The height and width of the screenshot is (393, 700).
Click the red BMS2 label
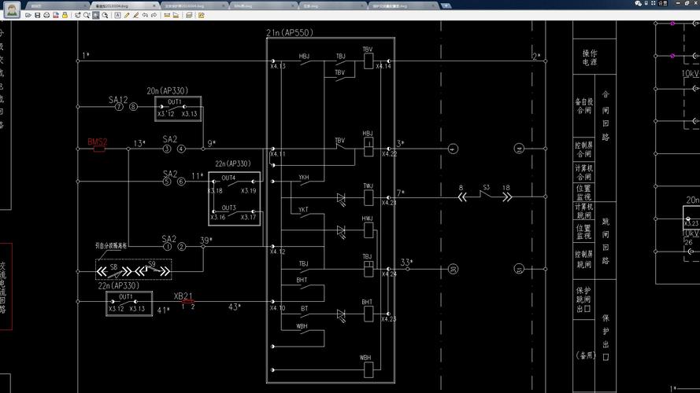click(x=97, y=142)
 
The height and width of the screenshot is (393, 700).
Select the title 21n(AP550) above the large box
click(x=288, y=32)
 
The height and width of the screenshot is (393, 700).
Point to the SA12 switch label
click(x=117, y=100)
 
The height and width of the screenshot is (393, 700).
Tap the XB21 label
click(x=183, y=296)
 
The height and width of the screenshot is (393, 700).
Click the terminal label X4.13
click(x=277, y=66)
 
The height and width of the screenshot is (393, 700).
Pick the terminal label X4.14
click(x=383, y=66)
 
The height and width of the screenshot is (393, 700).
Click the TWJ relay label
click(x=367, y=186)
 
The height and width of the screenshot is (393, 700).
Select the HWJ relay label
click(x=367, y=219)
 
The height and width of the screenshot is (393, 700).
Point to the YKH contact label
click(x=303, y=178)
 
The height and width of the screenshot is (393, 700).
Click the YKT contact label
click(x=303, y=210)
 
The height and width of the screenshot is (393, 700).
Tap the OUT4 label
click(x=228, y=178)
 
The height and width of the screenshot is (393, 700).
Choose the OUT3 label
click(x=228, y=208)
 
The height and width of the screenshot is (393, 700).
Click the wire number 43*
click(x=235, y=307)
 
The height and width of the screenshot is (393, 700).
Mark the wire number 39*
click(x=206, y=240)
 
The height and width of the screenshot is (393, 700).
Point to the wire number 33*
click(x=406, y=261)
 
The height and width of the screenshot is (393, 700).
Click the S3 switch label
click(x=486, y=187)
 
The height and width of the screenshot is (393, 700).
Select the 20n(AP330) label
click(x=167, y=90)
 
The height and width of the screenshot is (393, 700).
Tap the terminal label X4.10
click(x=277, y=308)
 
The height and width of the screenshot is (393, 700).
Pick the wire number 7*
click(x=401, y=192)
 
